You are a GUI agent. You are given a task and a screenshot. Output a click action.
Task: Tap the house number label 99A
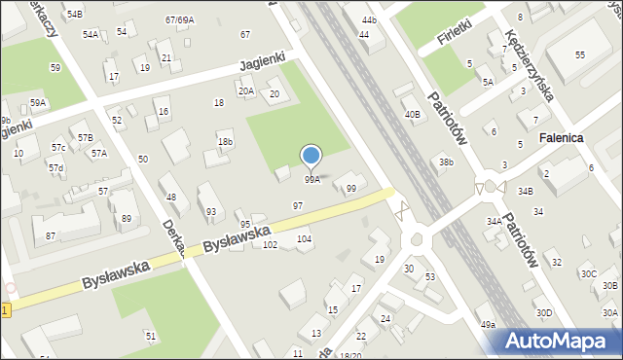tap(311, 180)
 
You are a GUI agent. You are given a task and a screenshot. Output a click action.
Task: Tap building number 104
tap(304, 238)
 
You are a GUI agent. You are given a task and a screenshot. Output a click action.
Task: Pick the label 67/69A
tap(179, 19)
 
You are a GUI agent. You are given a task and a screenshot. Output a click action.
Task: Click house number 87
tap(50, 236)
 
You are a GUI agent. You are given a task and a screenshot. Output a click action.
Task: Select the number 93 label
tap(210, 211)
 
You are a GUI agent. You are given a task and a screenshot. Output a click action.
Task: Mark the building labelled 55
tap(579, 55)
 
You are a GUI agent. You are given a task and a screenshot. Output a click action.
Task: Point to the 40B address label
tap(413, 115)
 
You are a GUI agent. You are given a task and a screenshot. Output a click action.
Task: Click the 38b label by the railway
tap(446, 162)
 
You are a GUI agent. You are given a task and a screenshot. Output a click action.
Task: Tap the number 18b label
tap(225, 142)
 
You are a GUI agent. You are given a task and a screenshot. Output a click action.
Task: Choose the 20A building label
tap(246, 91)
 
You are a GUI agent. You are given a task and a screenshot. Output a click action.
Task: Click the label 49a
tap(487, 324)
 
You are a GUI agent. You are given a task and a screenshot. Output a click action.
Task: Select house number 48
tap(171, 198)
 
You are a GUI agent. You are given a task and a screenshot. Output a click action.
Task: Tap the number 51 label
tap(151, 336)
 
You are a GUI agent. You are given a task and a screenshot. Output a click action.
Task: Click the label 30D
tap(543, 312)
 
